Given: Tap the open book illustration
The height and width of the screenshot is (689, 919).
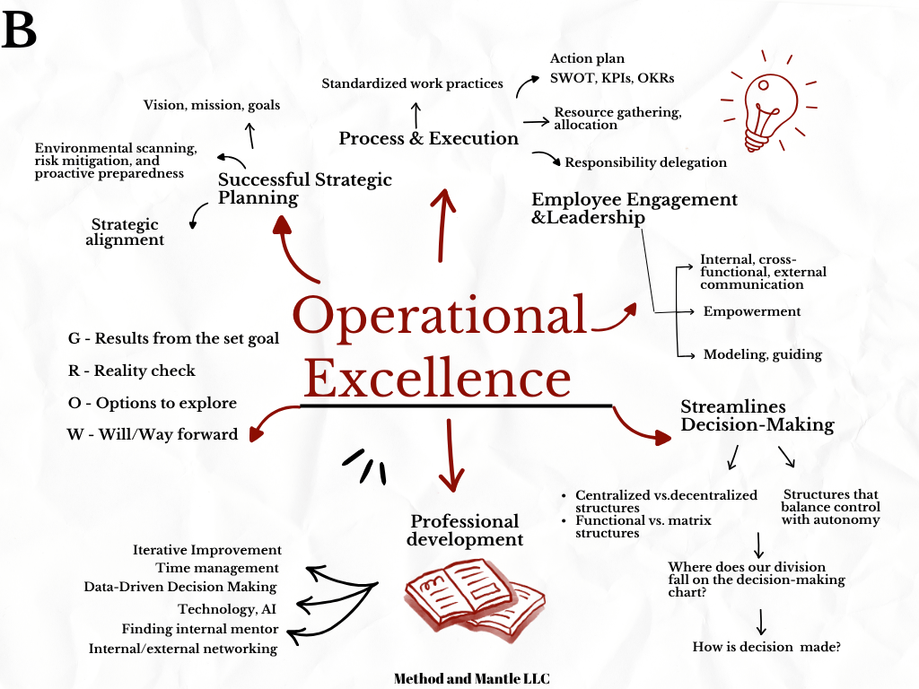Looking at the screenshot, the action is point(474,597).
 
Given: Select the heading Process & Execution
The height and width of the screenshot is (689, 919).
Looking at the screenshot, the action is point(428,138).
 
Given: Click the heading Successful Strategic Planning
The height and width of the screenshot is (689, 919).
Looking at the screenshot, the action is point(304,188).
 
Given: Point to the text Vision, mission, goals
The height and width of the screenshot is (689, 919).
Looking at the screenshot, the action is point(211,105).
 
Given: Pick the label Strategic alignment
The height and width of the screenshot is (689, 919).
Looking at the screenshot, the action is point(125,231).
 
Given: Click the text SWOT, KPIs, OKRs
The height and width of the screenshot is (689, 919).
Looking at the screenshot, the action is point(612,78).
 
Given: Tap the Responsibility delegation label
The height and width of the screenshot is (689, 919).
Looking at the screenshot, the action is point(645,162).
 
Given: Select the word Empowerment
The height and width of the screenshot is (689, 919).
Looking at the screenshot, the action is point(752,311).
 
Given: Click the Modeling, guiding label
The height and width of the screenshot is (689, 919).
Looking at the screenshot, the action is point(762,354).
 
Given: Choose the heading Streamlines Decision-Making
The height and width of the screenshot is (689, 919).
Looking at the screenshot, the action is point(757,415).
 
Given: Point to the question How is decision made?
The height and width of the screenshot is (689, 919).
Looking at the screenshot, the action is point(766,646).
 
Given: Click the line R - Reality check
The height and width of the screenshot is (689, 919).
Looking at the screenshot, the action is point(131,371).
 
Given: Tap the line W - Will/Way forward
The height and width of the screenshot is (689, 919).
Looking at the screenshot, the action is point(153,435).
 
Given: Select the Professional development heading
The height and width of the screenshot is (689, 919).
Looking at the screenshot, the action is point(464,530).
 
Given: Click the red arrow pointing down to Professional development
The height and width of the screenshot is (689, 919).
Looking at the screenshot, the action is point(450,453).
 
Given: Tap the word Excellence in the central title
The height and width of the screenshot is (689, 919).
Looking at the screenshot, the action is point(437,377).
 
